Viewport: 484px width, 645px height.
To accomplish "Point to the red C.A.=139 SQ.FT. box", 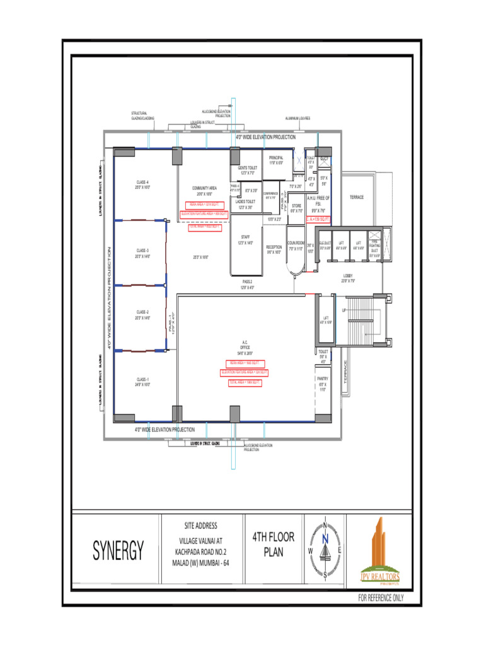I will [x=318, y=219].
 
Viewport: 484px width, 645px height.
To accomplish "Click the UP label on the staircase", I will [x=344, y=311].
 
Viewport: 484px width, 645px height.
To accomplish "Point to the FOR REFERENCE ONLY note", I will [x=381, y=598].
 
